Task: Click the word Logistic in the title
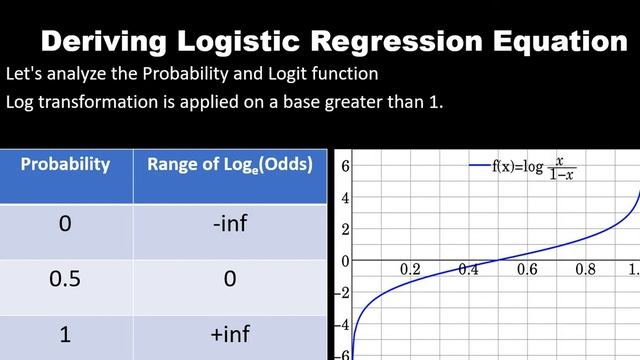[x=250, y=42]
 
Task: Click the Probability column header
[x=66, y=165]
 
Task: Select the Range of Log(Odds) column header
[x=229, y=165]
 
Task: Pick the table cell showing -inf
[x=229, y=223]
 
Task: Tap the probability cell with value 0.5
[x=66, y=279]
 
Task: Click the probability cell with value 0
[x=66, y=223]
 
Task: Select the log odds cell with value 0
[x=229, y=279]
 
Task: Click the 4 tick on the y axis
[x=344, y=197]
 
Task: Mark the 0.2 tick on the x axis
[x=410, y=270]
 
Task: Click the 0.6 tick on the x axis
[x=527, y=270]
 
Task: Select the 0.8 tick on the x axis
[x=585, y=270]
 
